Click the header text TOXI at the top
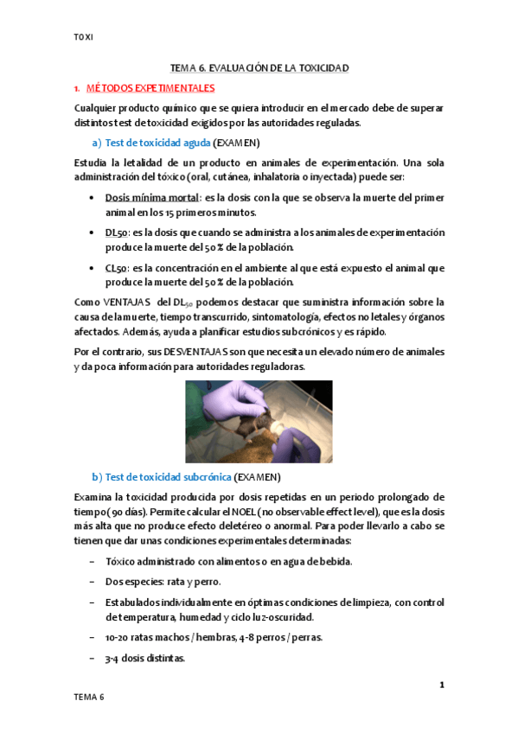point(83,37)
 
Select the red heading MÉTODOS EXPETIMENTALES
point(150,88)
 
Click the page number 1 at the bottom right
point(441,685)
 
